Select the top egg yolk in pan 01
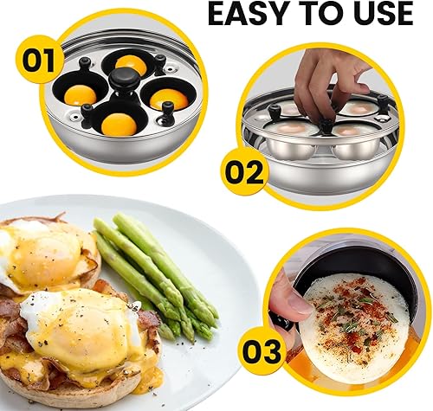tap(132, 63)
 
